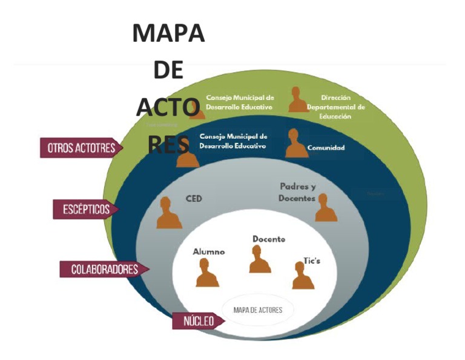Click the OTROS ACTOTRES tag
tap(80, 148)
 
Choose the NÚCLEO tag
tap(197, 321)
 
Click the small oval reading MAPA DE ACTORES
tap(257, 310)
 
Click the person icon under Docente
tap(260, 260)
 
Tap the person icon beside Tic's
tap(303, 276)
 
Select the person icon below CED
tap(169, 214)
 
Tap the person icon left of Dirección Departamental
tap(298, 100)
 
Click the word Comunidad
tap(326, 148)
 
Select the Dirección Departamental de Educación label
tap(336, 107)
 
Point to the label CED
tap(194, 198)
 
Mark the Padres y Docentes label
tap(298, 192)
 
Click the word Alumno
tap(209, 252)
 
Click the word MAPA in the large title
tap(168, 34)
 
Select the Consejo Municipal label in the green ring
tap(240, 102)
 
